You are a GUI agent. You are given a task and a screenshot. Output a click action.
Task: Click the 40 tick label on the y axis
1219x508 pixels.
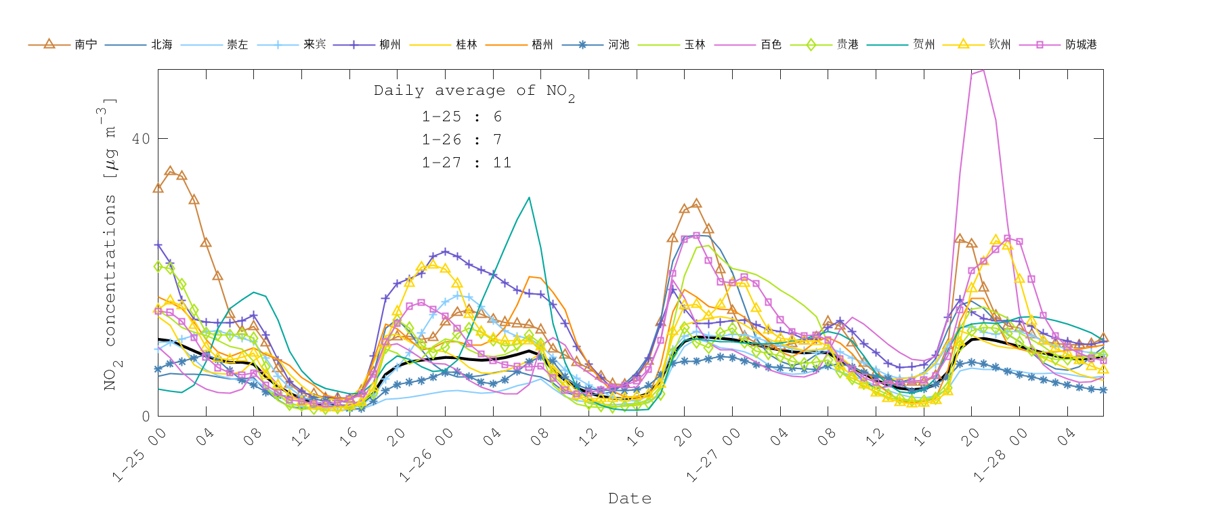141,139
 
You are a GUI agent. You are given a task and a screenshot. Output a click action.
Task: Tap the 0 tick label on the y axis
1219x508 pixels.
146,417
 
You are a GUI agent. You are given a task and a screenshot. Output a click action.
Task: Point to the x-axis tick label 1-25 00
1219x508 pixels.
140,455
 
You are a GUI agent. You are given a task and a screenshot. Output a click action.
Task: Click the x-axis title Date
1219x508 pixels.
630,499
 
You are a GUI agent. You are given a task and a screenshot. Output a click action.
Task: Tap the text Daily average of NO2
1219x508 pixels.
474,91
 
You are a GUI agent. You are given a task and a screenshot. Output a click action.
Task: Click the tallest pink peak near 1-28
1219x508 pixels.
983,70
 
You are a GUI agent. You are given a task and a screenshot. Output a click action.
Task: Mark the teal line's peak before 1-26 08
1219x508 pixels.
529,197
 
